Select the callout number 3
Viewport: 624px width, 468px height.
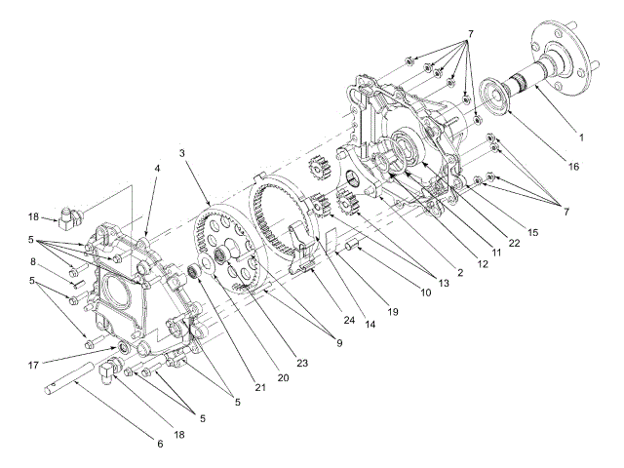click(x=181, y=154)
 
